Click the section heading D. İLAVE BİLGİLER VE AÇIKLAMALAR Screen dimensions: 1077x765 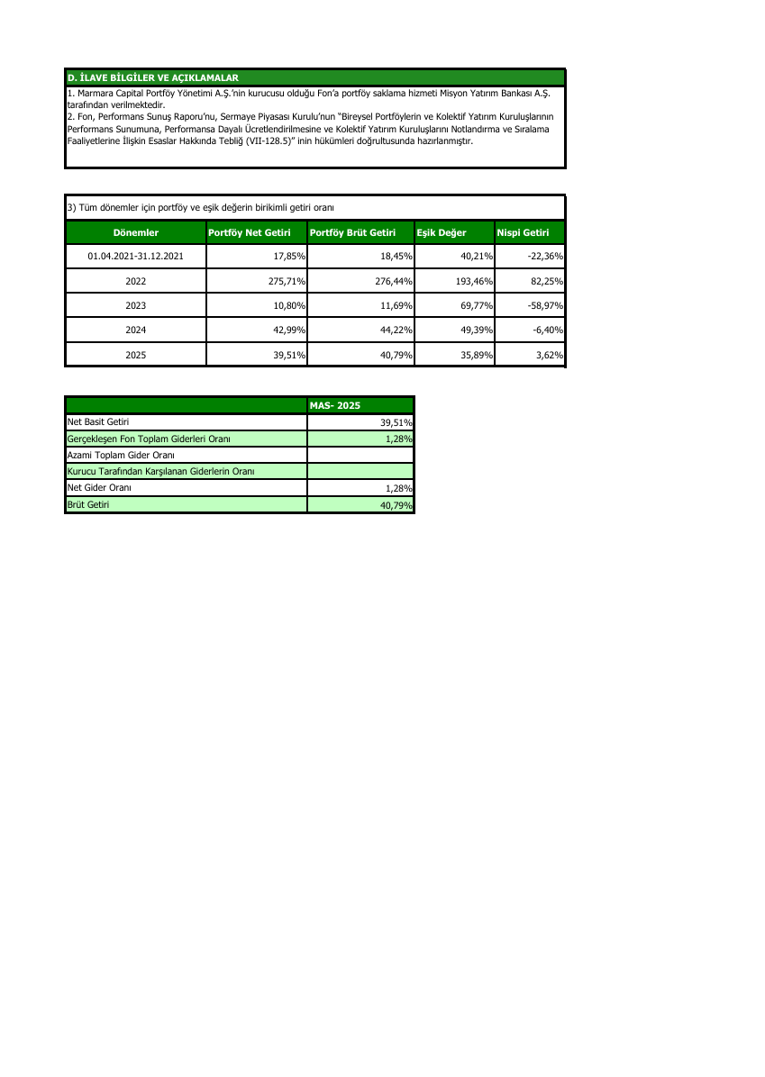(x=152, y=77)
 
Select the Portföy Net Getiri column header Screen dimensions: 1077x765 (x=250, y=232)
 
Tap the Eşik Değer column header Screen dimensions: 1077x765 (x=442, y=232)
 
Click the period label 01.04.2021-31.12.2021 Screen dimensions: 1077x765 (x=136, y=257)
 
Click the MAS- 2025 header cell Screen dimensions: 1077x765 (x=334, y=405)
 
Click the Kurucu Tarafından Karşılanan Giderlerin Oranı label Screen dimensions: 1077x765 (x=161, y=471)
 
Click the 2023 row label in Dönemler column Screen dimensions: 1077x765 (x=136, y=306)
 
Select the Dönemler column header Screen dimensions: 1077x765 (x=136, y=232)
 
